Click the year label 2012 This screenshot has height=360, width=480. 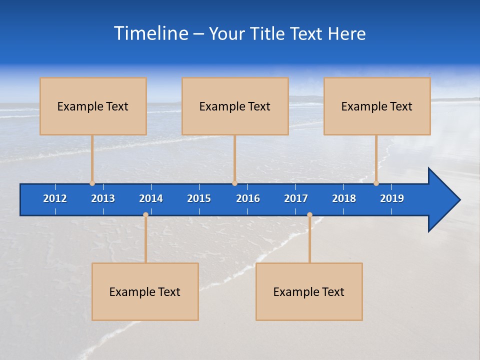click(55, 198)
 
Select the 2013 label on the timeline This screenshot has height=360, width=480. click(103, 198)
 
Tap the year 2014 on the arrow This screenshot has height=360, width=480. click(151, 198)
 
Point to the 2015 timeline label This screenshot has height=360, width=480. click(199, 198)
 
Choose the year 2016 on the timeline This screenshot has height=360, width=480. click(248, 198)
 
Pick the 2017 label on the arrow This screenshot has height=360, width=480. click(296, 198)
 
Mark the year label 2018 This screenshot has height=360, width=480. click(344, 198)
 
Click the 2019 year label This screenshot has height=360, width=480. click(392, 198)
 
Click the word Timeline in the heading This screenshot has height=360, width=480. click(151, 33)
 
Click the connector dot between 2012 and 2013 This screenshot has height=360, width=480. click(92, 183)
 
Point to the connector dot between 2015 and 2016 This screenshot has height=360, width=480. click(234, 183)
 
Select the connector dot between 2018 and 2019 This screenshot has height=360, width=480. click(376, 183)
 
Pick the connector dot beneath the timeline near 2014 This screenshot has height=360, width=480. click(145, 214)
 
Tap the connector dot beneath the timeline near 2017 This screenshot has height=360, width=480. click(309, 214)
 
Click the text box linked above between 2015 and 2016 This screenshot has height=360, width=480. click(235, 106)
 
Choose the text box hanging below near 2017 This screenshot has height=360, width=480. click(309, 291)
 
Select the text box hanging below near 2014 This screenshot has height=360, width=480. click(145, 291)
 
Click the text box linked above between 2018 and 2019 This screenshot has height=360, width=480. click(377, 106)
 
